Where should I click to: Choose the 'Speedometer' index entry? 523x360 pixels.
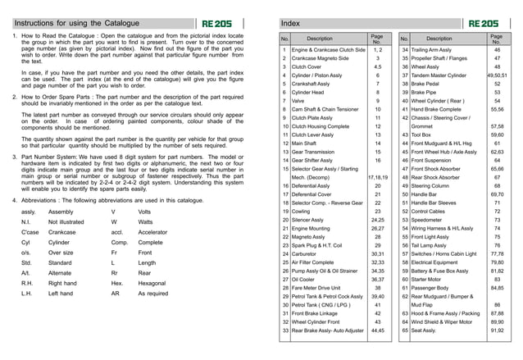[x=430, y=221]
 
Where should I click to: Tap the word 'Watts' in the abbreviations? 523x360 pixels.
[x=146, y=221]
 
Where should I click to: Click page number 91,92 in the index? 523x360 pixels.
[x=497, y=330]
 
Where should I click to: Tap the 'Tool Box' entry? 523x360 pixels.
[x=425, y=134]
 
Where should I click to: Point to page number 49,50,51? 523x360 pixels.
[x=497, y=75]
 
